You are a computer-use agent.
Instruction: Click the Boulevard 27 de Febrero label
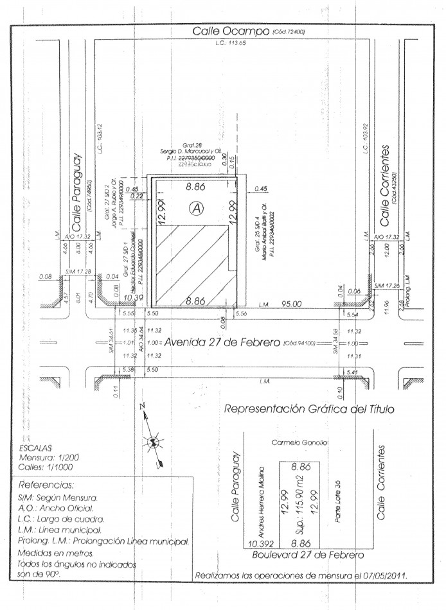coord(308,554)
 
